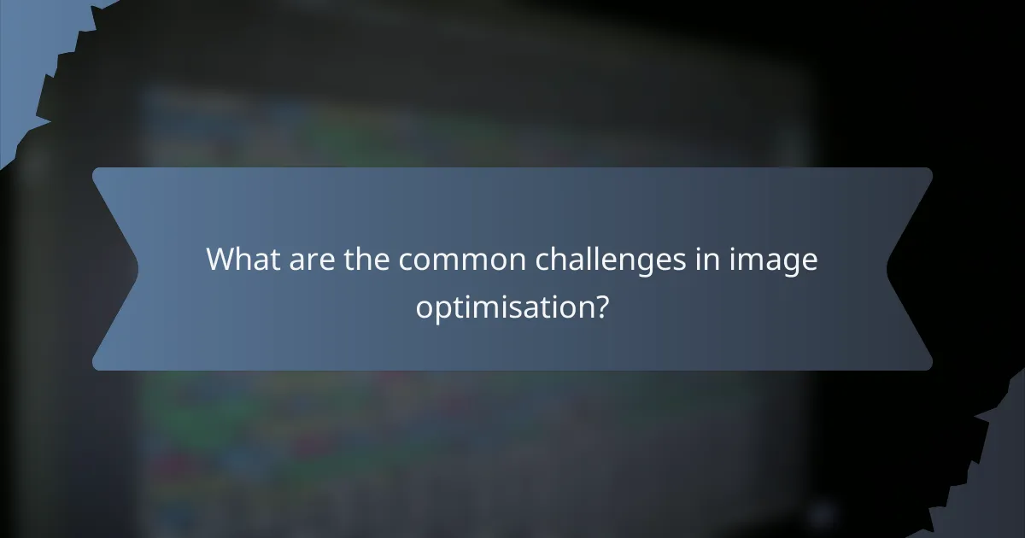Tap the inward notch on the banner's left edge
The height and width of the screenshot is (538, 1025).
[137, 269]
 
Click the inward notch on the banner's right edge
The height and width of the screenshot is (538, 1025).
[888, 269]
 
